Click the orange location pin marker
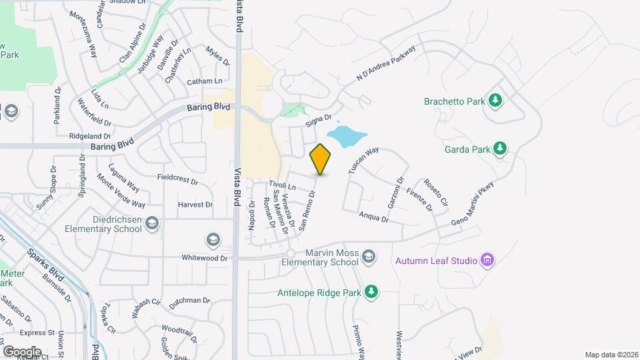click(x=321, y=159)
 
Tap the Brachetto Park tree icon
click(x=495, y=101)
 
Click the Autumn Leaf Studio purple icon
click(x=487, y=259)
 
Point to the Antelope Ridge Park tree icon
click(x=371, y=291)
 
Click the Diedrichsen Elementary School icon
click(x=152, y=223)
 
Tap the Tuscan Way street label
click(x=363, y=160)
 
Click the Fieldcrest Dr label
click(x=178, y=180)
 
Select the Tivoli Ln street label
click(x=282, y=185)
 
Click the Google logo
click(x=22, y=351)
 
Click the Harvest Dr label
click(x=195, y=205)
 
